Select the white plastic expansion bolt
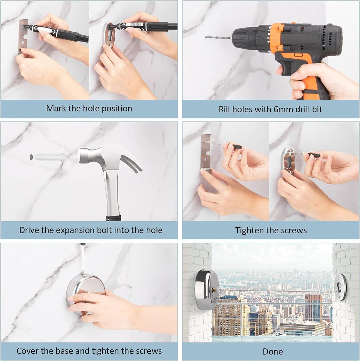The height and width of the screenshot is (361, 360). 48,157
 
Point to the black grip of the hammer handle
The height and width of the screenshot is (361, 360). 114,218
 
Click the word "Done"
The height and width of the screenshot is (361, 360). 272,351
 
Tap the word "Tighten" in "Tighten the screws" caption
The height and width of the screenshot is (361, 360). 249,230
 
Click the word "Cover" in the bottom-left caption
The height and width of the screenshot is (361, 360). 28,351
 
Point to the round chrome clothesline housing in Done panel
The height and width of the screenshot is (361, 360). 206,290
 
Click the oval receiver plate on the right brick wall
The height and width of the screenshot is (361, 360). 340,287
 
